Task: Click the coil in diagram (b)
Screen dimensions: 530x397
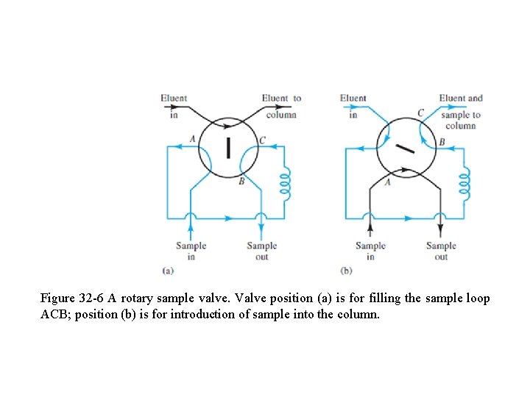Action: tap(464, 182)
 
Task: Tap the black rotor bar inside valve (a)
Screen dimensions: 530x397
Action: tap(228, 147)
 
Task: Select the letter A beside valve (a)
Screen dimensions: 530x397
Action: tap(192, 139)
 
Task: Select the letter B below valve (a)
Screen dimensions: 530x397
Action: tap(241, 182)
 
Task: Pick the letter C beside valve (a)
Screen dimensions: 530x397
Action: tap(263, 140)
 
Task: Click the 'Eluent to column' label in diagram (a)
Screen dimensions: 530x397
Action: tap(281, 106)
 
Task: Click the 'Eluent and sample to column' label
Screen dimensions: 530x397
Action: tap(461, 111)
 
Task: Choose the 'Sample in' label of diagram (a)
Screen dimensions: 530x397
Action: tap(191, 251)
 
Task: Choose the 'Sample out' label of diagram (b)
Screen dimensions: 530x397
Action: tap(441, 251)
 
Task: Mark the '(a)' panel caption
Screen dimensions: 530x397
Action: tap(168, 271)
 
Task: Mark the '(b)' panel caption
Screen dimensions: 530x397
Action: tap(346, 271)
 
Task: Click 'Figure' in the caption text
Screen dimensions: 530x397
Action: tap(57, 298)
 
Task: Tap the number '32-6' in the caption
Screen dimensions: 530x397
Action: tap(90, 298)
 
